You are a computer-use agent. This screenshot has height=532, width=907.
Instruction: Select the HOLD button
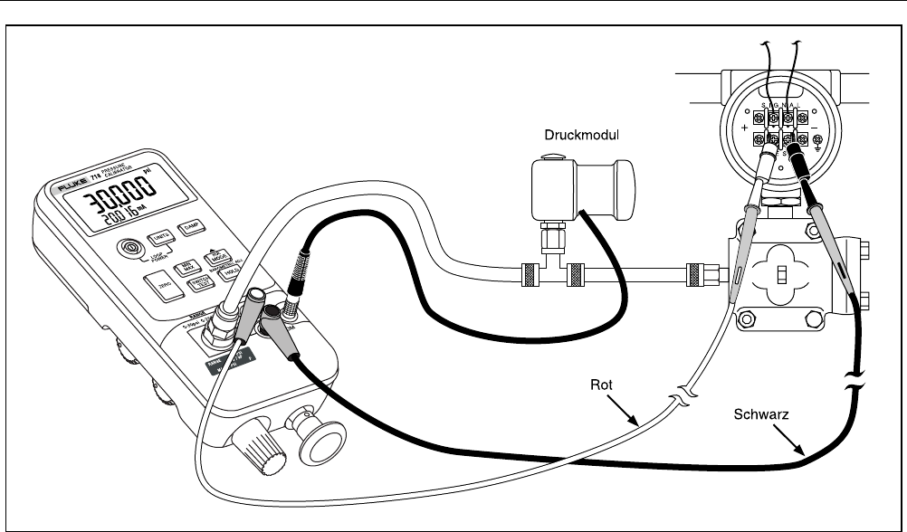pos(230,269)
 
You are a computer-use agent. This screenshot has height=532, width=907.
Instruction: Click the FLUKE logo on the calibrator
pos(66,186)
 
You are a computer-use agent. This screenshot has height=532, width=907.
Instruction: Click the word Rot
pos(602,385)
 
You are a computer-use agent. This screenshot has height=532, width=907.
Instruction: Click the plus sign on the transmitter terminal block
pos(745,129)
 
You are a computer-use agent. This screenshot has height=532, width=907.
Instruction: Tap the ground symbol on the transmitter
pos(818,141)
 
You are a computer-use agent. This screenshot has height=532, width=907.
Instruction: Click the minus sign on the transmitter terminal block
pos(815,126)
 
